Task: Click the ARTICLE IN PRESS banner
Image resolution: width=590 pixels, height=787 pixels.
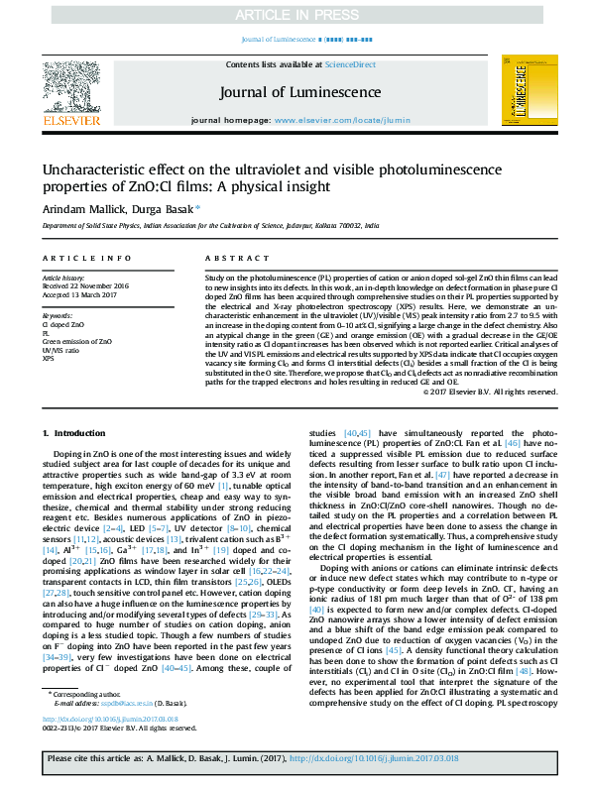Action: tap(295, 15)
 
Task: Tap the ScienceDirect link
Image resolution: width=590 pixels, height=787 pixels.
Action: tap(352, 64)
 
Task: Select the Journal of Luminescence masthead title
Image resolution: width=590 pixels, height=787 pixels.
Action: tap(294, 94)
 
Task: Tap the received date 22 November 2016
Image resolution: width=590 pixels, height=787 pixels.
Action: tap(86, 286)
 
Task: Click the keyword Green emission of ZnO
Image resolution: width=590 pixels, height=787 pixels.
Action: tap(76, 341)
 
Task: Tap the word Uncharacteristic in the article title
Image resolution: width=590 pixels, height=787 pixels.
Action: tap(98, 169)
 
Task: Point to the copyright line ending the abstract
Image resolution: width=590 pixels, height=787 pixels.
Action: tap(476, 393)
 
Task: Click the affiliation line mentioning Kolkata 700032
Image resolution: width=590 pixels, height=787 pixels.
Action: tap(209, 226)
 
